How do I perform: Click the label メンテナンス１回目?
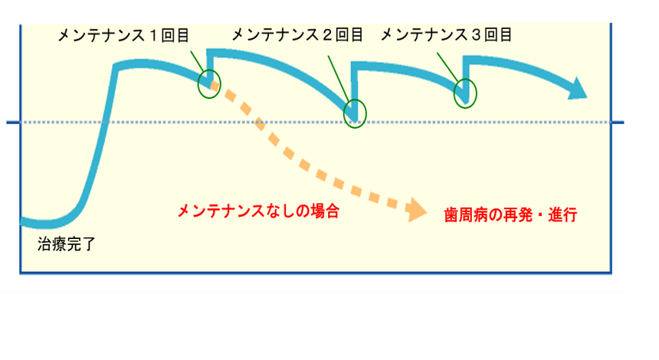tap(123, 36)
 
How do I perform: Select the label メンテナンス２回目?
tap(297, 35)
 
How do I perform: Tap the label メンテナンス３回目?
tap(446, 35)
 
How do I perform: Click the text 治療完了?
tap(67, 244)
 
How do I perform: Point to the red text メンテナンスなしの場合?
tap(258, 211)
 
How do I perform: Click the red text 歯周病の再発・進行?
tap(510, 214)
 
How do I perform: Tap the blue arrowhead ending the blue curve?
tap(577, 89)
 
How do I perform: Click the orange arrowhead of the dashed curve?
tap(417, 210)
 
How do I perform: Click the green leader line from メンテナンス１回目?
tap(197, 62)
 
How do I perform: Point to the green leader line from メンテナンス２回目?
tap(339, 79)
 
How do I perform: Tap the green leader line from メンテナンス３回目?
tap(448, 67)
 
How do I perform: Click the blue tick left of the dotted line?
tap(13, 123)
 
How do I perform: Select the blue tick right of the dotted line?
tap(618, 123)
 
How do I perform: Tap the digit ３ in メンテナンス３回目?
tap(476, 35)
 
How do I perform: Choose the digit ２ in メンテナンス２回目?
tap(326, 35)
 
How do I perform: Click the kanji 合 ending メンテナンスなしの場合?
tap(332, 211)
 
